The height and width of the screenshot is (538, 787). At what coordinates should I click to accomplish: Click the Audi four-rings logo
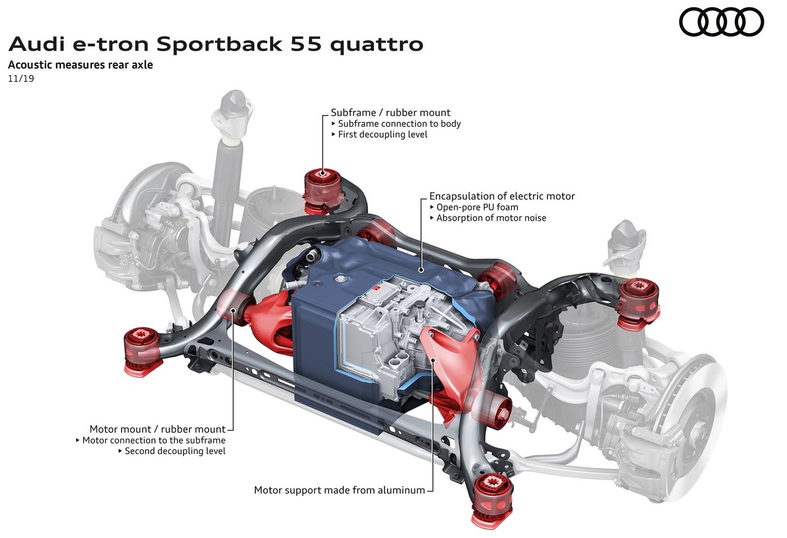click(721, 22)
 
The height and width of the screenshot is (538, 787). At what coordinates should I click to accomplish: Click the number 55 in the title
click(306, 44)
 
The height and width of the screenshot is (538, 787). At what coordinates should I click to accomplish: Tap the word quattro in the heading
click(377, 45)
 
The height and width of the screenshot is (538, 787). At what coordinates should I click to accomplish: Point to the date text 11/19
click(21, 79)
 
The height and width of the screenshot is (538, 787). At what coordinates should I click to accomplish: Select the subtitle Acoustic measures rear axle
click(80, 65)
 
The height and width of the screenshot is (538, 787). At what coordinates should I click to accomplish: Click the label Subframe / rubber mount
click(390, 113)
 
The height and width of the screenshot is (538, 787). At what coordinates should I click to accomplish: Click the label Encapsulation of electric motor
click(502, 196)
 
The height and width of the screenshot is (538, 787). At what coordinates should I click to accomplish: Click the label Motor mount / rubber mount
click(157, 429)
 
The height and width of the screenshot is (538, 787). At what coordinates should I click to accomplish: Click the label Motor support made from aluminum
click(340, 490)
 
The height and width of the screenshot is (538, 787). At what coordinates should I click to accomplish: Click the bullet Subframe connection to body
click(396, 123)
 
